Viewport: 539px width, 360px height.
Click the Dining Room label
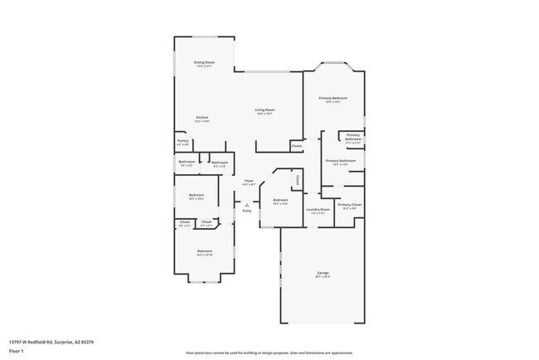tap(204, 63)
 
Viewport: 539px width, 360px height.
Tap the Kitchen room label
tap(202, 118)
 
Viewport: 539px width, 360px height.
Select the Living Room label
tap(265, 109)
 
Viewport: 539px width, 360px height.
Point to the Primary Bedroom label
tap(333, 98)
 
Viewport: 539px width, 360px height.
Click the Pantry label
tap(182, 141)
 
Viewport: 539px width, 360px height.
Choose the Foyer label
tap(248, 181)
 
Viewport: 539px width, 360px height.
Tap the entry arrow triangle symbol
tap(246, 204)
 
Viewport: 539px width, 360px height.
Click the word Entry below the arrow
tap(246, 211)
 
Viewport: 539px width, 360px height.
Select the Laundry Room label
tap(318, 209)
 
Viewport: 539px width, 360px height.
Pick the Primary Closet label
tap(349, 204)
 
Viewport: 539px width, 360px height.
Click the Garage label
tap(323, 273)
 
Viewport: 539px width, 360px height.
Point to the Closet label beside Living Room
tap(296, 146)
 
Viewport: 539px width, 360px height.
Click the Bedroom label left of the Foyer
tap(196, 195)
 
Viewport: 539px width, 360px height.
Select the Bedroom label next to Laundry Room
tap(280, 200)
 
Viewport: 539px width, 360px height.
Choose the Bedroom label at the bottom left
tap(205, 251)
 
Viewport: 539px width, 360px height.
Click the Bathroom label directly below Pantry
tap(187, 162)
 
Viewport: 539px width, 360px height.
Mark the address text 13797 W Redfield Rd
tap(51, 341)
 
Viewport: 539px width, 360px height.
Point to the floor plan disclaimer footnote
tap(269, 353)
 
